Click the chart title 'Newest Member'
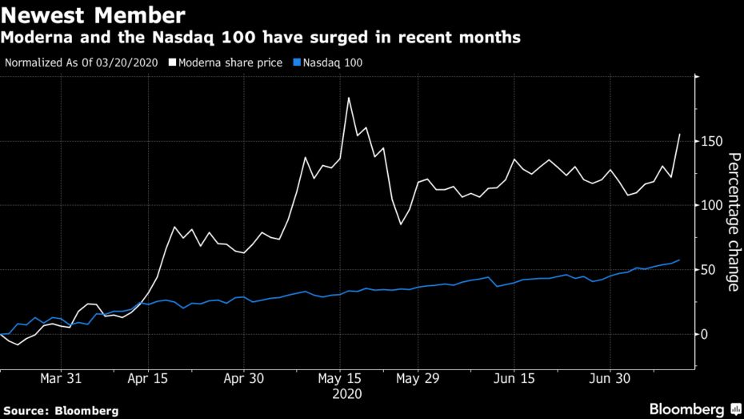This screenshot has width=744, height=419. pyautogui.click(x=94, y=14)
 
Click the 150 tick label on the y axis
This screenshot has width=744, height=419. pyautogui.click(x=713, y=142)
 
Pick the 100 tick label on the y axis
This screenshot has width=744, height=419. pyautogui.click(x=713, y=206)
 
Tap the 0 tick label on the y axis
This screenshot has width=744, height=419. pyautogui.click(x=706, y=334)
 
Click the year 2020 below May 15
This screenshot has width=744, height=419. pyautogui.click(x=348, y=394)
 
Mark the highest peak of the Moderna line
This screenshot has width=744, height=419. pyautogui.click(x=349, y=98)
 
